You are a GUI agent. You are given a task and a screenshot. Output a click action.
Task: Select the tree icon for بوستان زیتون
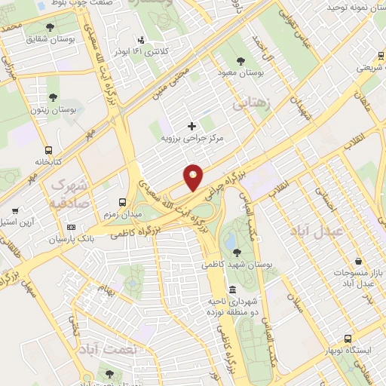(54, 96)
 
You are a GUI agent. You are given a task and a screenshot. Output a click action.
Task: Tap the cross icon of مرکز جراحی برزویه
(191, 125)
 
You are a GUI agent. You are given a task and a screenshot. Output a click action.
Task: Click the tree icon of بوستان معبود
(240, 60)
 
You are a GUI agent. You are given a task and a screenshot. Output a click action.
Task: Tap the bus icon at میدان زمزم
(123, 202)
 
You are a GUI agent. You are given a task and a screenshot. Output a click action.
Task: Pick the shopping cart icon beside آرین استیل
(16, 211)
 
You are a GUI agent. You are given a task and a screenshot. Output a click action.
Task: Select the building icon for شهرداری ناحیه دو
(231, 290)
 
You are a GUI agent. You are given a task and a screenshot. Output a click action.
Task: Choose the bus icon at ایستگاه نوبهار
(348, 339)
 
